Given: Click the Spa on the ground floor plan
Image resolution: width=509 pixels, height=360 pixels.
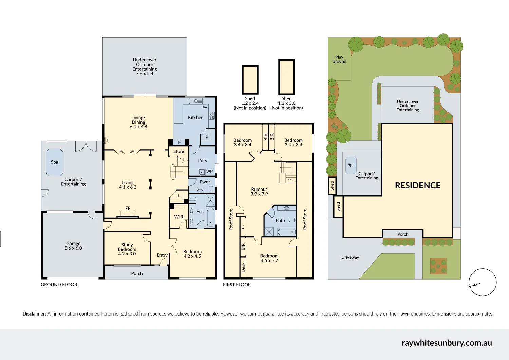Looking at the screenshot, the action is tap(54, 162).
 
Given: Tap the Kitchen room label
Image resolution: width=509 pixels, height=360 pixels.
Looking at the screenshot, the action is tap(196, 118).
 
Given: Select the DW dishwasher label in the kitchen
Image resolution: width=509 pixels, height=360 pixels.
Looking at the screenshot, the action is tap(205, 107).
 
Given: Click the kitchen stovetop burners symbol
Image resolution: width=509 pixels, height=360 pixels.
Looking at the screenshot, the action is tap(212, 115).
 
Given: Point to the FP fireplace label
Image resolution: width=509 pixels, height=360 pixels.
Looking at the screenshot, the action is tap(128, 208).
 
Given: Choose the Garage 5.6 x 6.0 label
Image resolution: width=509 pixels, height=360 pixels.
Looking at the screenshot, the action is tap(73, 246).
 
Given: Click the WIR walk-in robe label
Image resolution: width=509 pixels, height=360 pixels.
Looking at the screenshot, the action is tap(178, 217).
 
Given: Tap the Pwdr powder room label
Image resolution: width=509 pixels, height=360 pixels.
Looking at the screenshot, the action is tap(205, 182).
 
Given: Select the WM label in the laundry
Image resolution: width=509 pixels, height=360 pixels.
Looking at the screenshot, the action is tap(210, 172).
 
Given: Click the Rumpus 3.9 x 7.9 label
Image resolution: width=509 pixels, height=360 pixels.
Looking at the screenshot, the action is tap(259, 192).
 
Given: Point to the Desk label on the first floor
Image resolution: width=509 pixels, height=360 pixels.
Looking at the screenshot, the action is tap(243, 267).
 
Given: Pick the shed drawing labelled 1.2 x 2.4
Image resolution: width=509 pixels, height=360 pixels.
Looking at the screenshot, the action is tap(250, 79).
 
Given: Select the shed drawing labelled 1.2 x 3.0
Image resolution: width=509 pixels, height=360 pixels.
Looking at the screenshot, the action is tap(287, 77).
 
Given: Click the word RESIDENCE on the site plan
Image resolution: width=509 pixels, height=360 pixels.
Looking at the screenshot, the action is tap(418, 185).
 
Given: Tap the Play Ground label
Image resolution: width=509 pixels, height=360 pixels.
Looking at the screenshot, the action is tap(339, 59).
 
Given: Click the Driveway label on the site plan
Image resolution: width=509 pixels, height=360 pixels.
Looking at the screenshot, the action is tap(350, 257).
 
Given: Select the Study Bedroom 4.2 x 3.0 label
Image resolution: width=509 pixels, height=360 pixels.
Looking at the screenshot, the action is tap(127, 249).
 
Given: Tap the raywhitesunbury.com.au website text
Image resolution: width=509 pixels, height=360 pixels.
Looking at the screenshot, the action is tap(447, 343).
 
